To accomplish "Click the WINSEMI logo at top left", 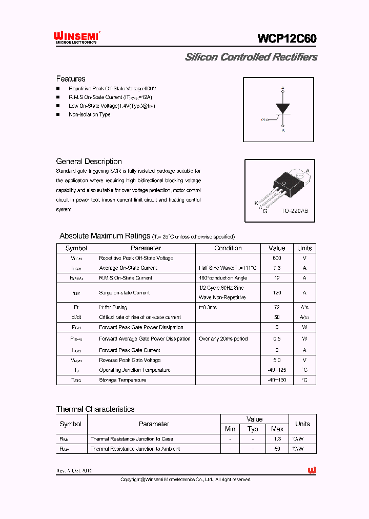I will tap(76, 37).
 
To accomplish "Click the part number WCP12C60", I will tap(287, 39).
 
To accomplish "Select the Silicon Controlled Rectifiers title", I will tap(251, 57).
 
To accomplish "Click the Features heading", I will tap(71, 79).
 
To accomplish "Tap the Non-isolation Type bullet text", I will tap(89, 114).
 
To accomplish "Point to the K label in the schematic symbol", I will tap(283, 130).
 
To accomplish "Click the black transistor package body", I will tap(283, 181).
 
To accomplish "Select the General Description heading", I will tap(89, 162).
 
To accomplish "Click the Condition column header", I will tap(228, 248).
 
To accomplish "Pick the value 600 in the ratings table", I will tap(277, 258).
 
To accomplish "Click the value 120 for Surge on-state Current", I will tap(277, 293).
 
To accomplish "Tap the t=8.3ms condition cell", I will tap(208, 308).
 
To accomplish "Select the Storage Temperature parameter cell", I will tap(122, 380).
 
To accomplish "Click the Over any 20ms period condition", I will tap(223, 339).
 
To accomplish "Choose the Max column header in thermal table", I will tap(277, 429).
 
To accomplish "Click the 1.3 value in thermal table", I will tap(277, 439).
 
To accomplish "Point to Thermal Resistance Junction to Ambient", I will tap(135, 449).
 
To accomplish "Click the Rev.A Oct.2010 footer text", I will tap(74, 471).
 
